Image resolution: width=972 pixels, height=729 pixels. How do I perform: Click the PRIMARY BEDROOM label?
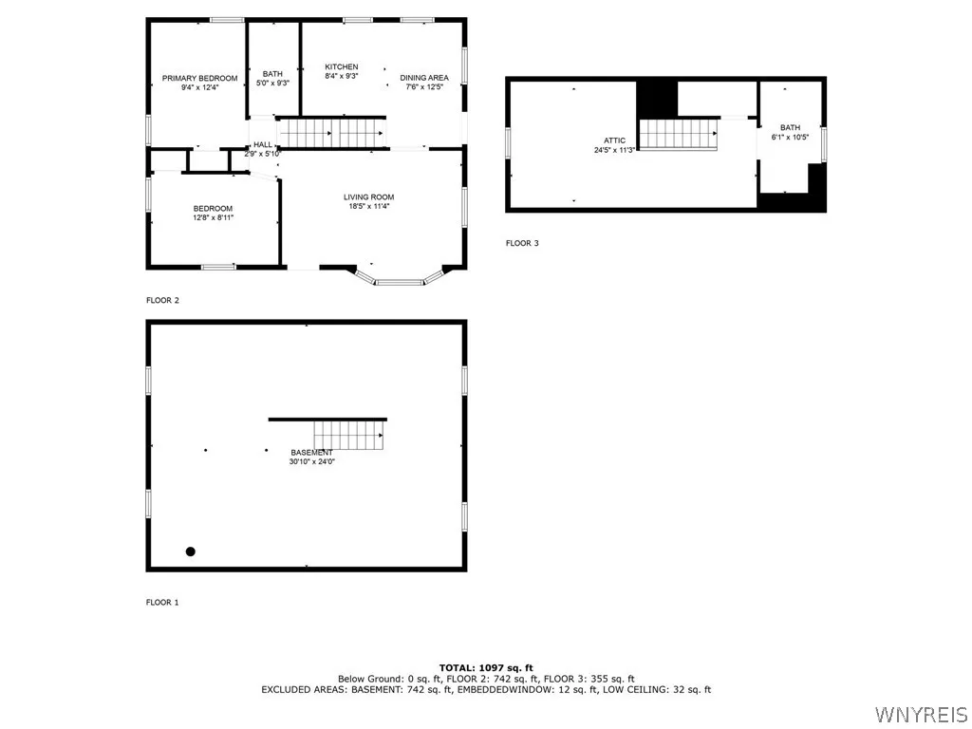pos(199,78)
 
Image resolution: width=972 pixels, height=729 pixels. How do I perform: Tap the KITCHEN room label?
pos(341,66)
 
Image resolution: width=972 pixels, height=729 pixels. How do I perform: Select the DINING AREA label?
pos(423,78)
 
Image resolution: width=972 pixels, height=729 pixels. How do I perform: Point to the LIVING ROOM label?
pos(368,197)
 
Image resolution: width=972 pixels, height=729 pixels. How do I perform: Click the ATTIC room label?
pos(614,140)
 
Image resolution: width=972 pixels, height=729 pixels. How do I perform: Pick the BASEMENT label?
pos(311,453)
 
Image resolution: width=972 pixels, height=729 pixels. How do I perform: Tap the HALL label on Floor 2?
pos(262,144)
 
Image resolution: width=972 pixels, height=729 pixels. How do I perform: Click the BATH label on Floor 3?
pos(790,128)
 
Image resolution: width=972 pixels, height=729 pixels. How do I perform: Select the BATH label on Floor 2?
pos(272,74)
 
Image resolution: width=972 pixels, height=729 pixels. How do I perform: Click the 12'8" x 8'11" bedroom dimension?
pos(213,217)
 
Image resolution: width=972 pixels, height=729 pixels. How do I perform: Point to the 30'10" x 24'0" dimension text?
pos(311,462)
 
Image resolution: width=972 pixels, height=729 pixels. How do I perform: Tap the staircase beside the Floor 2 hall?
pos(330,133)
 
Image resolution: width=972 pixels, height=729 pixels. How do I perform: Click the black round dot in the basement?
pos(190,551)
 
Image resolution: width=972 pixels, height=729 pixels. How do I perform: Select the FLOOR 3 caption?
pos(521,243)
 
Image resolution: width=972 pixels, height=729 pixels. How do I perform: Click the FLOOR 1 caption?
pos(161,602)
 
